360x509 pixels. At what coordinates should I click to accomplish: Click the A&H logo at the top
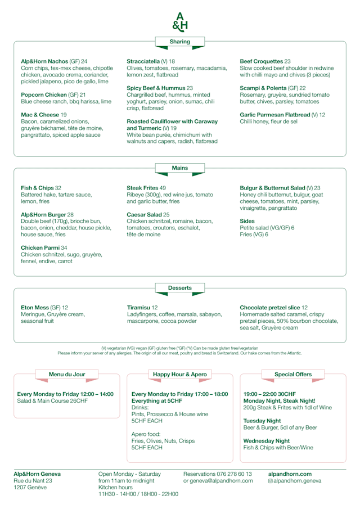click(180, 21)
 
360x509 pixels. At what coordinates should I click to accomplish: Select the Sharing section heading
click(180, 42)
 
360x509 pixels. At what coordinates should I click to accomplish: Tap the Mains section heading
click(180, 168)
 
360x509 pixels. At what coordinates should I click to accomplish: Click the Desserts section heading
click(180, 288)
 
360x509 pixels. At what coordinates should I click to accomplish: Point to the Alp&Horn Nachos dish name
click(44, 61)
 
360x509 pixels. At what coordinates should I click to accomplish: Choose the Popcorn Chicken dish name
click(44, 95)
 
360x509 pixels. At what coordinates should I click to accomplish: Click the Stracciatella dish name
click(143, 61)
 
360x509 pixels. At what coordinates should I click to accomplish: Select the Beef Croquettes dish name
click(261, 61)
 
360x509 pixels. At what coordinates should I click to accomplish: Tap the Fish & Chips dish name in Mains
click(37, 188)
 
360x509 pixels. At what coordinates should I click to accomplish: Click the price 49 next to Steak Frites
click(163, 188)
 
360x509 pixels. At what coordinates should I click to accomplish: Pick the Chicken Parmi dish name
click(43, 247)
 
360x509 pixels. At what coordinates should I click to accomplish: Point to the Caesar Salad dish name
click(145, 214)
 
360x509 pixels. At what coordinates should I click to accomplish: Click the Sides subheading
click(247, 221)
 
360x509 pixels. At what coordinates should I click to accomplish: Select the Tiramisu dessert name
click(138, 308)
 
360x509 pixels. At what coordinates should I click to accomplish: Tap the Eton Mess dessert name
click(35, 308)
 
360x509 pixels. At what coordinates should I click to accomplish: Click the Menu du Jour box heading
click(67, 374)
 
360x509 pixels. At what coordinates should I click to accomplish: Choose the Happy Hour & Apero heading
click(180, 374)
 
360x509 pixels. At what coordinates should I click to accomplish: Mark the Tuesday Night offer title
click(262, 421)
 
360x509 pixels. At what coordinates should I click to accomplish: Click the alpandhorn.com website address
click(290, 474)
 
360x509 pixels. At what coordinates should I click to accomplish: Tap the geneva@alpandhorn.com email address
click(222, 481)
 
